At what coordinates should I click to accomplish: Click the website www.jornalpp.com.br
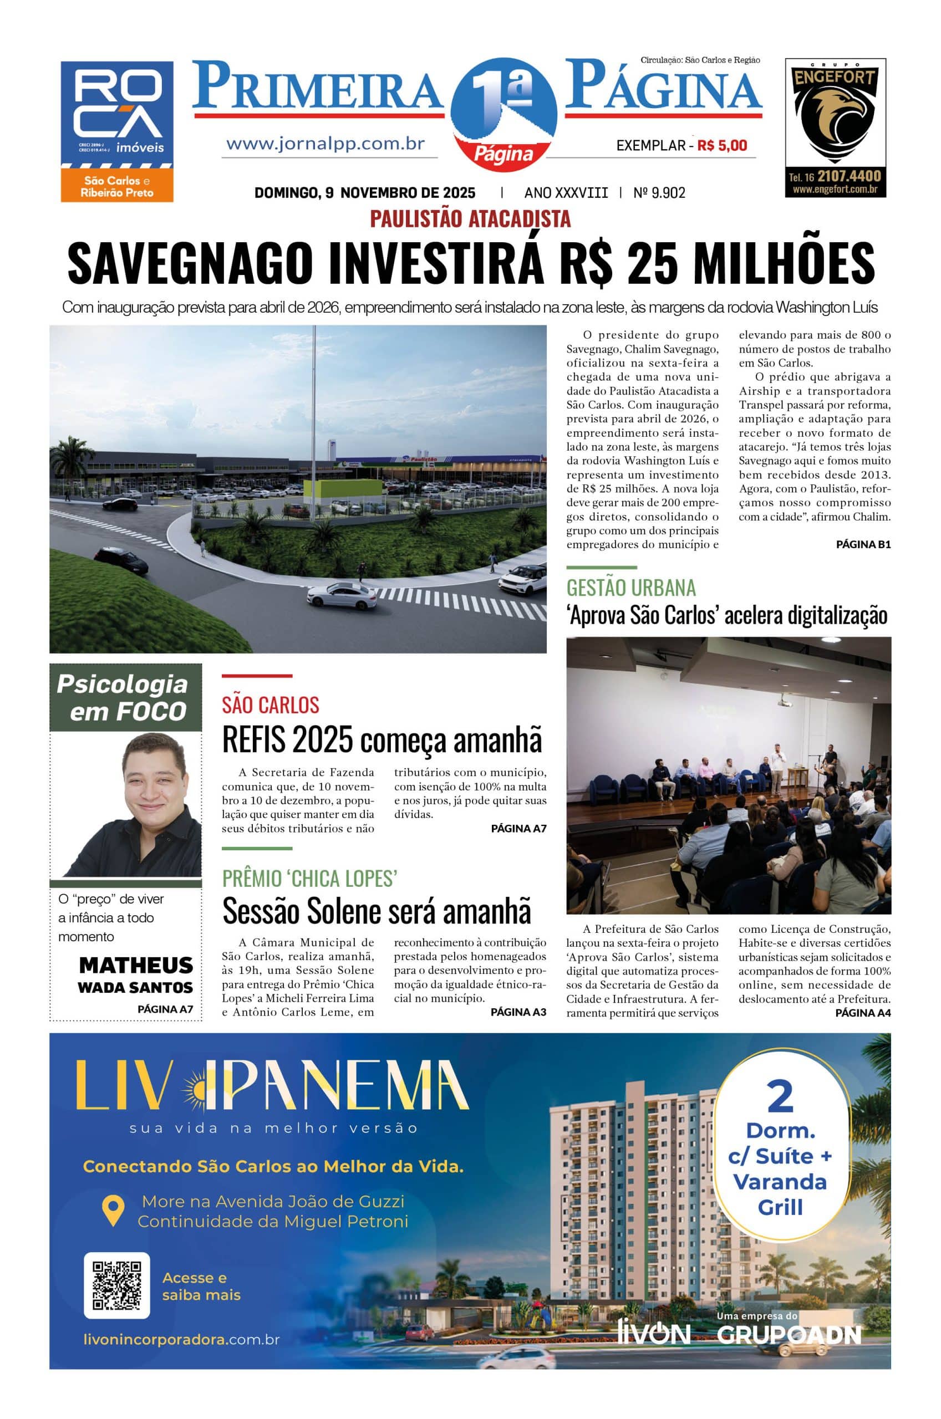[325, 144]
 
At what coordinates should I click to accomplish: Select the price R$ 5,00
[723, 145]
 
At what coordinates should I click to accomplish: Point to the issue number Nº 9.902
[659, 192]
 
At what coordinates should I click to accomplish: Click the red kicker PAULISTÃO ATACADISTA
[470, 219]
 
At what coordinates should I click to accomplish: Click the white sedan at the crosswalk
[342, 594]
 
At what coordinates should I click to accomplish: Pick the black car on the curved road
[121, 559]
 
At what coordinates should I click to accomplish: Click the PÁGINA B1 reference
[863, 544]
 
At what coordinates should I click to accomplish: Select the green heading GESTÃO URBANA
[630, 588]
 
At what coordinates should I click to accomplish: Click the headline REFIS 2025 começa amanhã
[382, 739]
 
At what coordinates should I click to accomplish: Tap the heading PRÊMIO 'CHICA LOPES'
[309, 878]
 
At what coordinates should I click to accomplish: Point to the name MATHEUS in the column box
[136, 965]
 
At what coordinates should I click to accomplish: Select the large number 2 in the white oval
[780, 1097]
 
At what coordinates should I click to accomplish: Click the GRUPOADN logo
[789, 1334]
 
